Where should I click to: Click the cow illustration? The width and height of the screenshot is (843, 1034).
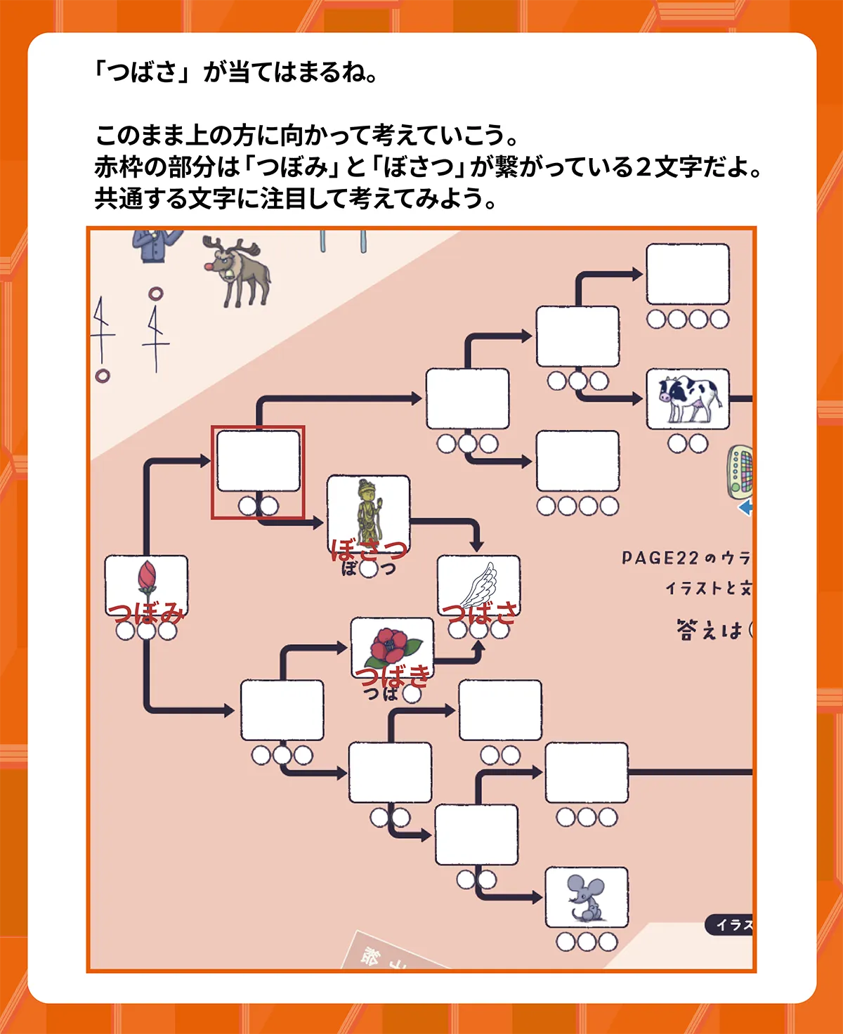tap(688, 399)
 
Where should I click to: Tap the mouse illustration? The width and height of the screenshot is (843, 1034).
tap(587, 897)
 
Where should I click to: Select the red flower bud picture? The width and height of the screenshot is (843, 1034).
tap(146, 580)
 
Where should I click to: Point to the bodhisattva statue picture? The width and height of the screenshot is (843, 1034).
tap(368, 511)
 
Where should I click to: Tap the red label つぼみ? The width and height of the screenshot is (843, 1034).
tap(146, 613)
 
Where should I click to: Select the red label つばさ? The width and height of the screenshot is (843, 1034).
tap(480, 613)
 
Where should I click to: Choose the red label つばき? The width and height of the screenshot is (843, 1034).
tap(392, 676)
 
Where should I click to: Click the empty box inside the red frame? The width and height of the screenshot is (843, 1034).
tap(259, 462)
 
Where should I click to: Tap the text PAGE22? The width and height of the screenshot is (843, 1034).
tap(660, 558)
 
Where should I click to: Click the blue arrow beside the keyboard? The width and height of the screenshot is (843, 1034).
tap(746, 507)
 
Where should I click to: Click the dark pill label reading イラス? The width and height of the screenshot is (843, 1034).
tap(731, 924)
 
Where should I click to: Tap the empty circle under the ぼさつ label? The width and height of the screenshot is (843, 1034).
tap(368, 568)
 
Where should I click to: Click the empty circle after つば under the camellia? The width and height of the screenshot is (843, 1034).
tap(412, 694)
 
